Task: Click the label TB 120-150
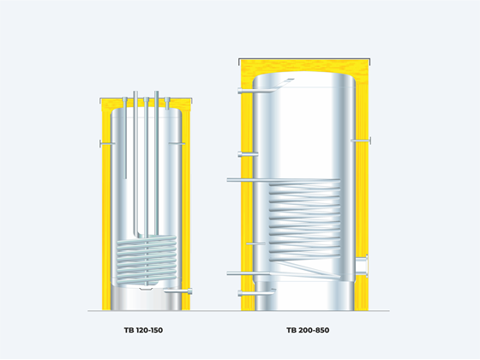click(x=143, y=330)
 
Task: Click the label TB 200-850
click(x=308, y=330)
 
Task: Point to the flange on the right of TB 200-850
click(x=363, y=266)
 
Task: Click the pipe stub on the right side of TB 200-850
click(x=361, y=141)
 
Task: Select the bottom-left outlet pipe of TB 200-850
click(x=256, y=292)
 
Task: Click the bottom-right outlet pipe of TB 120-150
click(x=178, y=291)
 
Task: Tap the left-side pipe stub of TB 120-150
click(x=107, y=143)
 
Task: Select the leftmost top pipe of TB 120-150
click(x=125, y=138)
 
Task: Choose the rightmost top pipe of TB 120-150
click(x=167, y=103)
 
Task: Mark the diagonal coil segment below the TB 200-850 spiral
click(x=304, y=268)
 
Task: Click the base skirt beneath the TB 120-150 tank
click(x=147, y=298)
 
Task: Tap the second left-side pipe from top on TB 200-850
click(x=248, y=154)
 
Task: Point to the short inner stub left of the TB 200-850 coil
click(x=256, y=243)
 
